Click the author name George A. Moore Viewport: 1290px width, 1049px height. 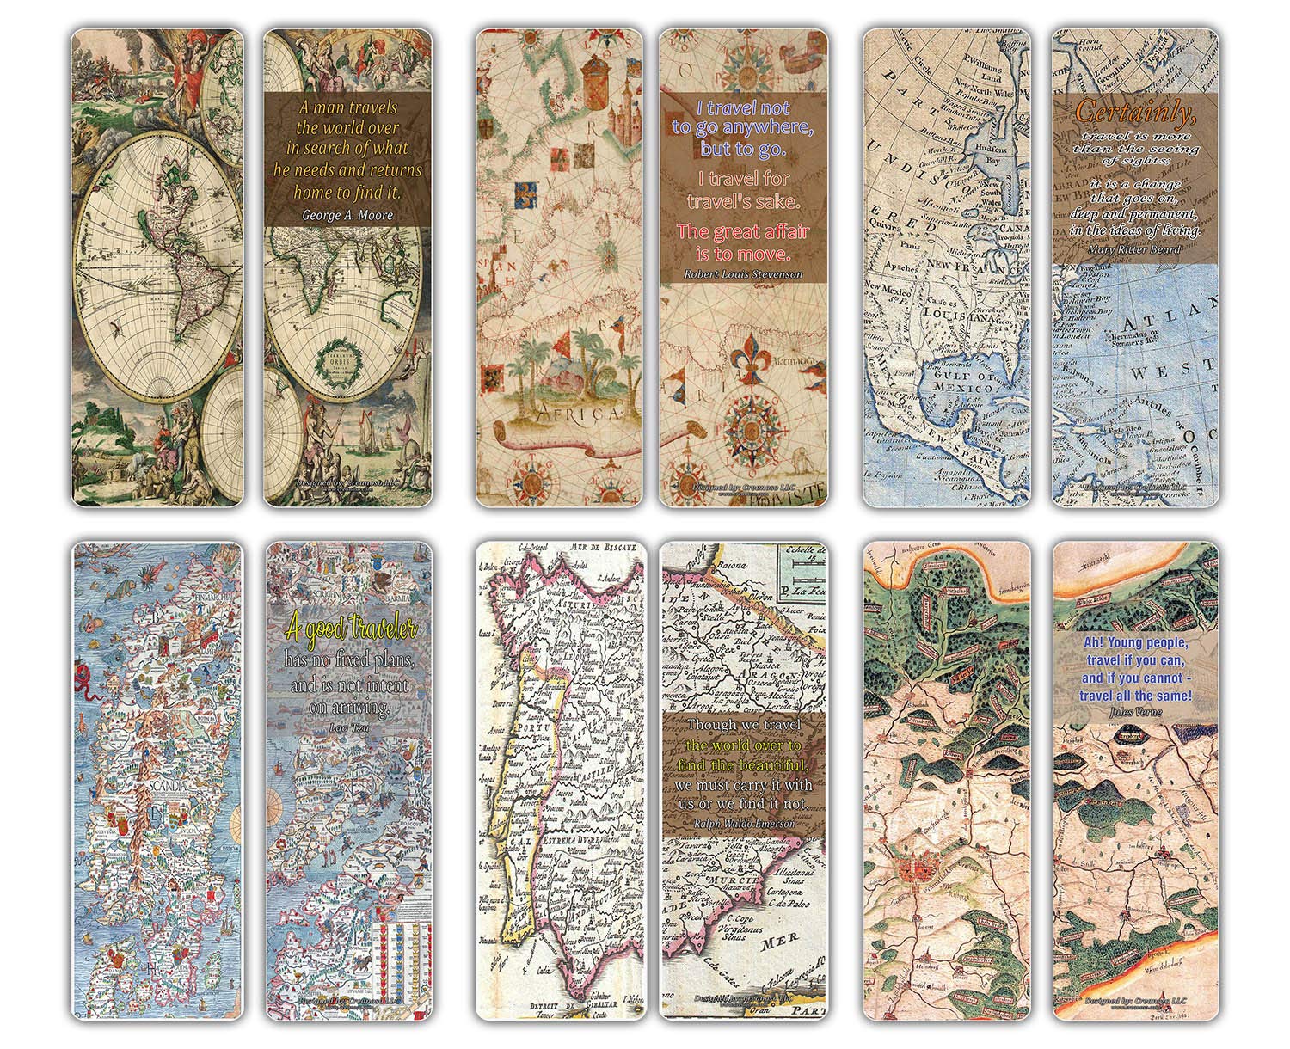point(347,215)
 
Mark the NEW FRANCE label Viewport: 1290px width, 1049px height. point(958,273)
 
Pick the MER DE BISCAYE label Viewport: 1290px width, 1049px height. point(607,546)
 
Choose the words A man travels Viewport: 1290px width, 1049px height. point(347,107)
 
